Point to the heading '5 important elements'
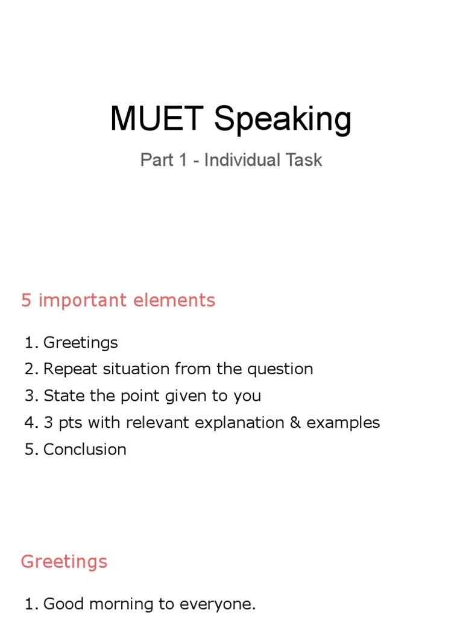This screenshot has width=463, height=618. click(x=118, y=301)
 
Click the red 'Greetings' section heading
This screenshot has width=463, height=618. click(x=64, y=561)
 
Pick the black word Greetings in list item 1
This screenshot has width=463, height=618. click(x=81, y=343)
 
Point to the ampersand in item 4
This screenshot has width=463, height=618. click(x=295, y=422)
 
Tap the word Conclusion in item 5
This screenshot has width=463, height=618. click(x=85, y=449)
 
